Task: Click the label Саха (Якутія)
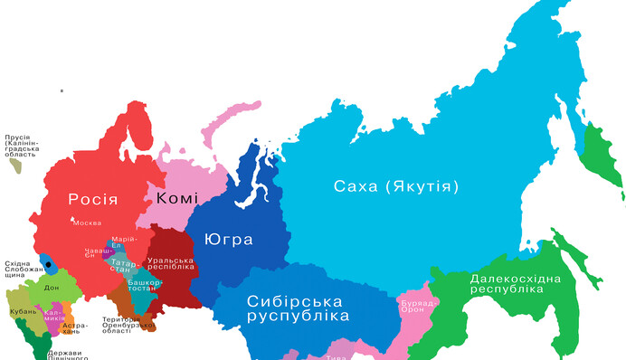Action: (x=396, y=186)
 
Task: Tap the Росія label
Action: (x=93, y=198)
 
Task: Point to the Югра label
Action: (x=228, y=240)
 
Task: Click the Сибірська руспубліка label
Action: (x=298, y=308)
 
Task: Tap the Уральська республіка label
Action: (x=170, y=263)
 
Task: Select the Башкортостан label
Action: (x=144, y=285)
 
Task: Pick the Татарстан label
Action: (x=122, y=267)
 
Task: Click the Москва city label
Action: (x=87, y=223)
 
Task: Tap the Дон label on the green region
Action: (x=52, y=288)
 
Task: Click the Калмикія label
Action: (x=54, y=317)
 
